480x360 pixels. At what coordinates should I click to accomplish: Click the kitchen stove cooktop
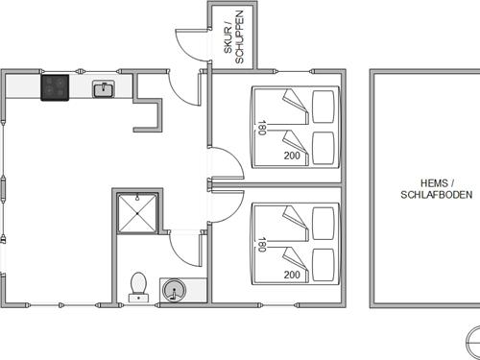55,87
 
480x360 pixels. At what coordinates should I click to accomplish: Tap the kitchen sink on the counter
104,89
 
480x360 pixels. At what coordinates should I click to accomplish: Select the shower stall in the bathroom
137,213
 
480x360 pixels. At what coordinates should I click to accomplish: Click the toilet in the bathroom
138,287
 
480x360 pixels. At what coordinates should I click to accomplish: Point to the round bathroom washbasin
174,290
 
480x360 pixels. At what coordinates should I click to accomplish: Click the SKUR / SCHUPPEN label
234,36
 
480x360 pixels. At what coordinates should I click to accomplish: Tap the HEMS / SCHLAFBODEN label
437,189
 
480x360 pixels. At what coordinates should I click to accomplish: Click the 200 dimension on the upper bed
292,156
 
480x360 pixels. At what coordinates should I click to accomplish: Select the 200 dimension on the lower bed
292,275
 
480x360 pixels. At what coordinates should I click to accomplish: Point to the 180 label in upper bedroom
262,128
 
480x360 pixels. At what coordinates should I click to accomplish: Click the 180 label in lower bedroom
262,245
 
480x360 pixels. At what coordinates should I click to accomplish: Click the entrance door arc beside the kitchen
180,94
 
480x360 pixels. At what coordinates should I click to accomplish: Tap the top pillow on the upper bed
324,107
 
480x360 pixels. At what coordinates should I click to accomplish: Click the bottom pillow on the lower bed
324,265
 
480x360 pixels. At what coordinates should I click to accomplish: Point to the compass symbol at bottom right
473,342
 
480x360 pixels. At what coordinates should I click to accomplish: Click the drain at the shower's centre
137,213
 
